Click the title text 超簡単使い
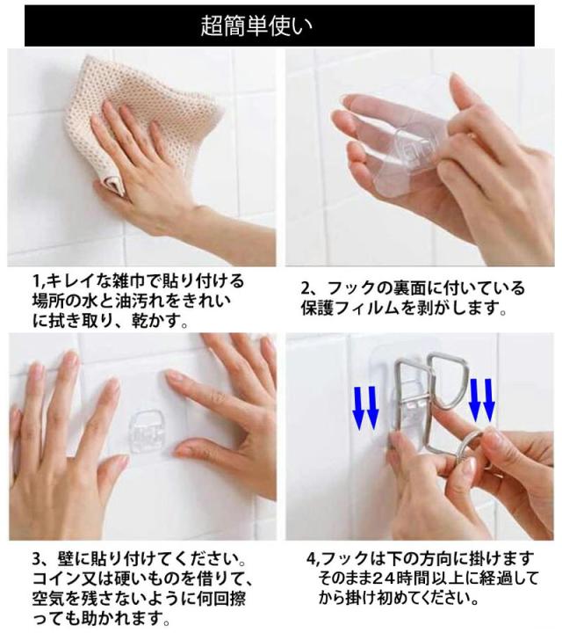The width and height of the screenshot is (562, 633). click(256, 26)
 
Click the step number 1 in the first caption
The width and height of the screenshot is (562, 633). click(35, 281)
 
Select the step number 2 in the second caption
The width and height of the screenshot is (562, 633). click(306, 289)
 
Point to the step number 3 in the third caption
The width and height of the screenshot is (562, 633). click(37, 560)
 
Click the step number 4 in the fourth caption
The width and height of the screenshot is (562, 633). click(311, 559)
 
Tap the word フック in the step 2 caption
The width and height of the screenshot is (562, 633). click(350, 289)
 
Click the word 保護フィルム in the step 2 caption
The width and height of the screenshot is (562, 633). click(349, 309)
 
